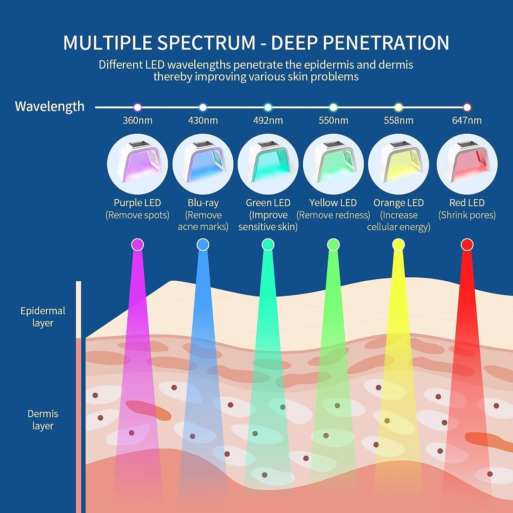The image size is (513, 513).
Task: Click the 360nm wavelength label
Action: [137, 120]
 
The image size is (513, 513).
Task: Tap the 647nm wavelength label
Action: [467, 120]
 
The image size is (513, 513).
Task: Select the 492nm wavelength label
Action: [268, 120]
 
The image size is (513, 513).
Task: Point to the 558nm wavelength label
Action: [398, 120]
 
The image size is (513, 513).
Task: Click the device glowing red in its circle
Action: [467, 164]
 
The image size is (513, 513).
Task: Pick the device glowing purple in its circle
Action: [137, 164]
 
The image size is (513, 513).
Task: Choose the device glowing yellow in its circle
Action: [398, 164]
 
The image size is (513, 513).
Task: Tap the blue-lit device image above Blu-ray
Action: [203, 164]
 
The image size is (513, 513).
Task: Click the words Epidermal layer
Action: [43, 317]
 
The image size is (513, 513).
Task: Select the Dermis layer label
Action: [43, 420]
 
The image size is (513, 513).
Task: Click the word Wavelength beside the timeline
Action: [50, 106]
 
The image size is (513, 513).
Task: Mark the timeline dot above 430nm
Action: [203, 107]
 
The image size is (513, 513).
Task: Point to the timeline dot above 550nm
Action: [333, 107]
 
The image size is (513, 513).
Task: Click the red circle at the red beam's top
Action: [467, 245]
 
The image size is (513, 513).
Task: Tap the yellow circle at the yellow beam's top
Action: [398, 245]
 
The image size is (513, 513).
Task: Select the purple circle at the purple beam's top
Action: [137, 245]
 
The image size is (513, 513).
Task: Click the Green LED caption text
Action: [268, 203]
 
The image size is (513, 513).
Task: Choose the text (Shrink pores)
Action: [467, 215]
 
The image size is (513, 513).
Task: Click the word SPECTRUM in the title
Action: [206, 43]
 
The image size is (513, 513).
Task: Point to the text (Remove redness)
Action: [333, 215]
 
